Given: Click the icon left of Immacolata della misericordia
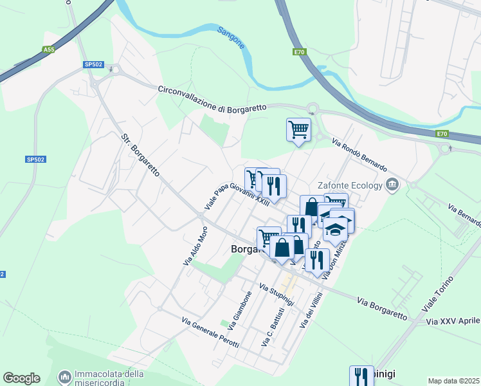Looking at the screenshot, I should pyautogui.click(x=64, y=376).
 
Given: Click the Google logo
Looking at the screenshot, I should pyautogui.click(x=21, y=378).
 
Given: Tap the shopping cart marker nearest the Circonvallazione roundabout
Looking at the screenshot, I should pyautogui.click(x=298, y=129).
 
